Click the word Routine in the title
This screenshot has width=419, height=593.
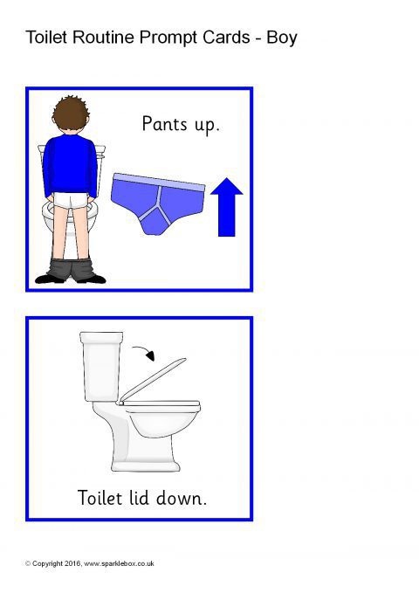pyautogui.click(x=103, y=38)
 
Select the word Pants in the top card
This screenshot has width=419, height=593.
pyautogui.click(x=164, y=124)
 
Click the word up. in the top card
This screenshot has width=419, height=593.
pyautogui.click(x=207, y=126)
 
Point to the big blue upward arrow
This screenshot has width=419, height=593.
pyautogui.click(x=226, y=207)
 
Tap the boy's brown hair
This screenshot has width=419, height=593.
pyautogui.click(x=71, y=114)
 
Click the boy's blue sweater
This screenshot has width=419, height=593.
pyautogui.click(x=70, y=166)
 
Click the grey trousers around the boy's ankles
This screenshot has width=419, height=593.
pyautogui.click(x=72, y=269)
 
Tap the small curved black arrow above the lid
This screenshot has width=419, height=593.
pyautogui.click(x=144, y=353)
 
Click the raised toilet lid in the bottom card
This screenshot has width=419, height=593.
pyautogui.click(x=153, y=380)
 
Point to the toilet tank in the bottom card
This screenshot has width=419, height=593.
pyautogui.click(x=101, y=366)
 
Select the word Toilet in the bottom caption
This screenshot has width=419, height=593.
pyautogui.click(x=100, y=498)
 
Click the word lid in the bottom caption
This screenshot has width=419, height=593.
pyautogui.click(x=139, y=498)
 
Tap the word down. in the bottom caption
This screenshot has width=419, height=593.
pyautogui.click(x=182, y=499)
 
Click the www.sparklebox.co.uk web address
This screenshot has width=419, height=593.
pyautogui.click(x=119, y=563)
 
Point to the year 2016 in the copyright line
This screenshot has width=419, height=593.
pyautogui.click(x=72, y=563)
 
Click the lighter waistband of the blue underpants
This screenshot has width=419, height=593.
pyautogui.click(x=159, y=183)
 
